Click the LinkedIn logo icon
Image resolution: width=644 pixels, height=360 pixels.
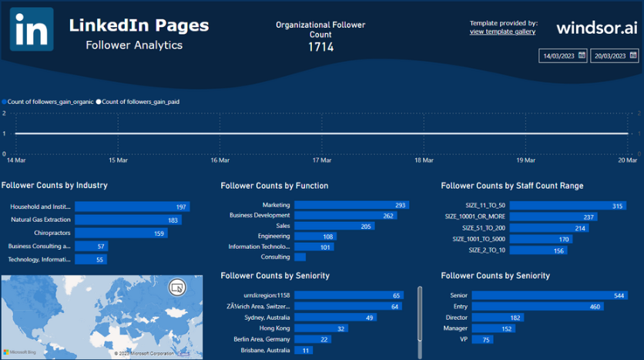point(32,29)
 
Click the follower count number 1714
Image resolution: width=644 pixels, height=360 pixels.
point(320,47)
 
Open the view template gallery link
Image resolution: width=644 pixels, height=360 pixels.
point(502,32)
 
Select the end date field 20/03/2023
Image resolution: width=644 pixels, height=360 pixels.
point(614,56)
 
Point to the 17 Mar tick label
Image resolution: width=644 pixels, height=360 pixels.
point(321,160)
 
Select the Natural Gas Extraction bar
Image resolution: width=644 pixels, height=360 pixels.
point(128,220)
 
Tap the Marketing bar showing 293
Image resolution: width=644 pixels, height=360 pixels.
point(351,205)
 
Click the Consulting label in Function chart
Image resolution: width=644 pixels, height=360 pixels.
point(275,257)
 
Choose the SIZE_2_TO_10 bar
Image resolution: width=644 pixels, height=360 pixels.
point(538,251)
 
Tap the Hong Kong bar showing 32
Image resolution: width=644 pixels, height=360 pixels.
point(321,328)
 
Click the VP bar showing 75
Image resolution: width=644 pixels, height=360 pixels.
point(483,339)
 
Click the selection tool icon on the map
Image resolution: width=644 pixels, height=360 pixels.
point(177,287)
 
